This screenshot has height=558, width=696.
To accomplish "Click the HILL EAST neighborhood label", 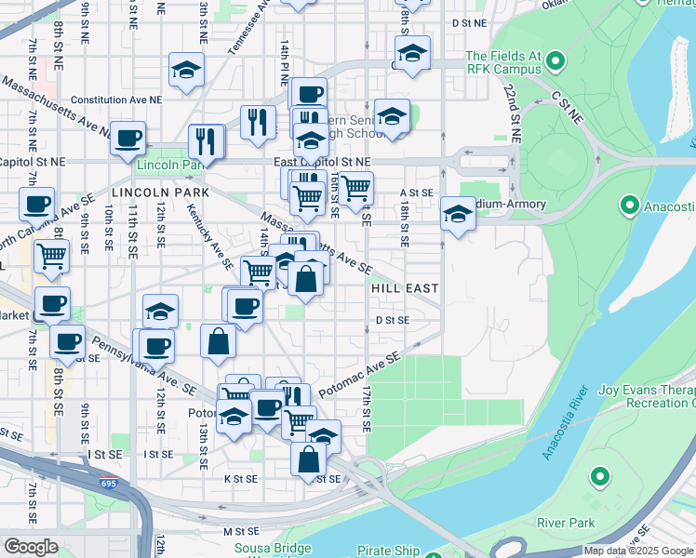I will [x=405, y=289].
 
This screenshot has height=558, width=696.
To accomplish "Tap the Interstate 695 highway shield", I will [x=110, y=484].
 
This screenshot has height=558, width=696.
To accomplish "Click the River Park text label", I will [x=565, y=523].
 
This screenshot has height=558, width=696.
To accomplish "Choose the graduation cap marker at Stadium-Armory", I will [x=458, y=214].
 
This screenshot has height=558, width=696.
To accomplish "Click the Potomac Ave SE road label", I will [x=359, y=375].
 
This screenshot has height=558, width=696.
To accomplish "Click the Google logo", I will [x=31, y=547].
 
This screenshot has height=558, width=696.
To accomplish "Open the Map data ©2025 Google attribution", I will [x=638, y=551].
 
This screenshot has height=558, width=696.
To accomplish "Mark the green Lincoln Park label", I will [x=169, y=165].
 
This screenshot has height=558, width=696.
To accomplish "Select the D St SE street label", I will [x=393, y=319].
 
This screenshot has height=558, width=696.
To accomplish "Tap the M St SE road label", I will [x=239, y=531].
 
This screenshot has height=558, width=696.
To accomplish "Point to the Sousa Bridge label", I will [x=269, y=549].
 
